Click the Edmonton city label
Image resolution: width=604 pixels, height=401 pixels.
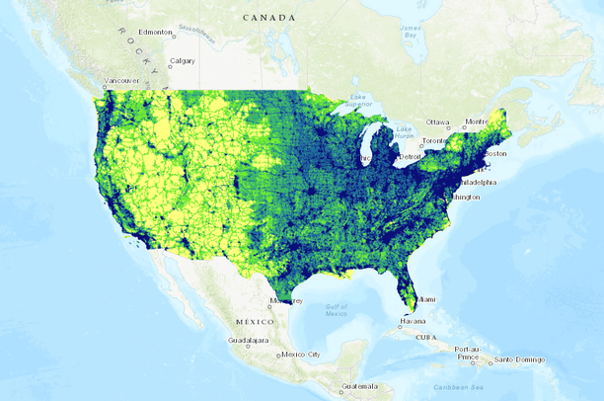(157, 33)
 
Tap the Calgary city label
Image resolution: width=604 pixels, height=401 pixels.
(182, 61)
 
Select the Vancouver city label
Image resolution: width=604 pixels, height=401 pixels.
(121, 81)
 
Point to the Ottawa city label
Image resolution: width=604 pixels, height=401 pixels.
(437, 122)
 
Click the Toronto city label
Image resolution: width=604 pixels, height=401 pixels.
(434, 141)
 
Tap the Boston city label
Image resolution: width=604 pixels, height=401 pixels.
(495, 153)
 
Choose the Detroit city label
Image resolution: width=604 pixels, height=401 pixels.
(410, 157)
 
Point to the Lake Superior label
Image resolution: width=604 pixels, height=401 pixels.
(358, 100)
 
